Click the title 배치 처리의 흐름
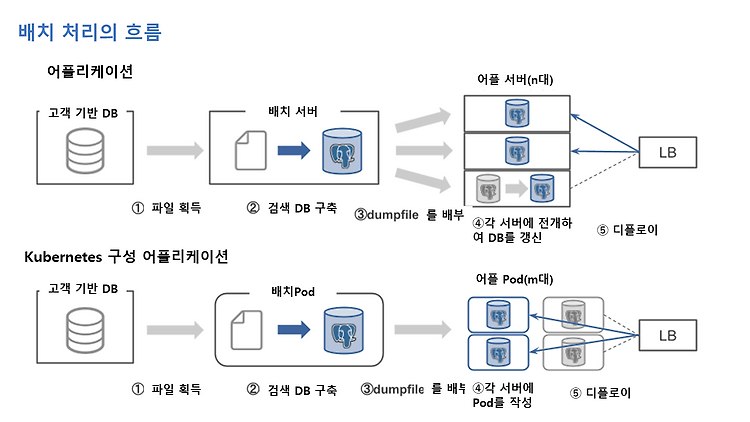click(x=90, y=32)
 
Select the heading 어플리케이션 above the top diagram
click(x=90, y=71)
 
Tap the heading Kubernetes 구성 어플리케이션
click(x=126, y=256)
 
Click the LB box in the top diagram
click(x=668, y=152)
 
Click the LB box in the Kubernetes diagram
click(x=668, y=335)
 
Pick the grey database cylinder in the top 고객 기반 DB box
click(x=85, y=151)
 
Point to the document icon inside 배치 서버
click(x=251, y=151)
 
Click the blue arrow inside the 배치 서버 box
click(x=294, y=151)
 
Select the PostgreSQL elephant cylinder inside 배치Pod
click(x=343, y=330)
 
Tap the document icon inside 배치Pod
click(x=246, y=330)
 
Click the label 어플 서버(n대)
click(x=515, y=79)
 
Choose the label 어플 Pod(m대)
click(x=514, y=279)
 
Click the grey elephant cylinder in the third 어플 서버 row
click(x=488, y=189)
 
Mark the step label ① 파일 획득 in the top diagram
click(x=166, y=208)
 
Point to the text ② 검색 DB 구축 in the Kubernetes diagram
click(x=292, y=390)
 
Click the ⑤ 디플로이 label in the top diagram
click(x=628, y=230)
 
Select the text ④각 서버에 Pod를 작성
click(x=503, y=395)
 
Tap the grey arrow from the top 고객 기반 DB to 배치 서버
click(x=175, y=151)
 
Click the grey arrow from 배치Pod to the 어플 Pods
click(x=423, y=329)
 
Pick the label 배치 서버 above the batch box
click(x=293, y=111)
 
